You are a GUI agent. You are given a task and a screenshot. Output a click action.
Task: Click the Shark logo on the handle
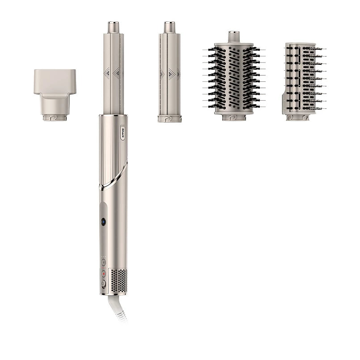123,132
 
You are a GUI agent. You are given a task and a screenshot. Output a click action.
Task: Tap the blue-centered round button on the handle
103,221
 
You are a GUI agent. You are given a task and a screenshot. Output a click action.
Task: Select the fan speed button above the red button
103,263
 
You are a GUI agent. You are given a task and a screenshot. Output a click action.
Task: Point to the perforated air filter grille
119,280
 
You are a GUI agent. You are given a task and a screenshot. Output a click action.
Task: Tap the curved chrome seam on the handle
114,177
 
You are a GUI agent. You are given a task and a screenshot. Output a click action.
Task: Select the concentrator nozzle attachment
55,89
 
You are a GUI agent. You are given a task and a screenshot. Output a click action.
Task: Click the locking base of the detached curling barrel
169,119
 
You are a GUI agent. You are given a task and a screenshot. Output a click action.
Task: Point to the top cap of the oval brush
233,37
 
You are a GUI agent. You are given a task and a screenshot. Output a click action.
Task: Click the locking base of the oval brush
233,117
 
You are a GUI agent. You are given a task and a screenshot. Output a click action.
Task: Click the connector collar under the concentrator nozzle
55,118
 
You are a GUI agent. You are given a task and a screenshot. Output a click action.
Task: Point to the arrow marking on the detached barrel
170,73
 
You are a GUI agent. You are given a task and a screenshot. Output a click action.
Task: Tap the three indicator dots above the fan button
103,257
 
